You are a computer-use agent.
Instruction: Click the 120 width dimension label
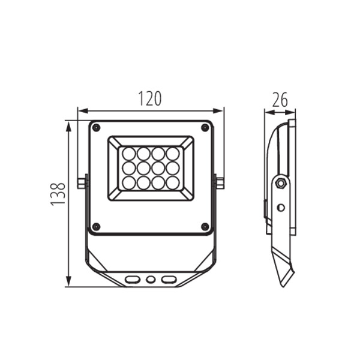tap(149, 99)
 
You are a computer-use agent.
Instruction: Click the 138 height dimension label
tap(58, 194)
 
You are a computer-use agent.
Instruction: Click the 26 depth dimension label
tap(280, 100)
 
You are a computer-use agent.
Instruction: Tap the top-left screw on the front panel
tap(96, 127)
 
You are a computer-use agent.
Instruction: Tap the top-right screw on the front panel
tap(205, 127)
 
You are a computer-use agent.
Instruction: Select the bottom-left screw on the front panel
tap(96, 227)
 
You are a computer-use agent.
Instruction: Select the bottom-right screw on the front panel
tap(205, 227)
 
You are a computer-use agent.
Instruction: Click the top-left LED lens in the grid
tap(129, 154)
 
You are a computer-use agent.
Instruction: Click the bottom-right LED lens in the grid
tap(173, 183)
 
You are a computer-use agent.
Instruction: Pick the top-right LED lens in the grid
tap(173, 154)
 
